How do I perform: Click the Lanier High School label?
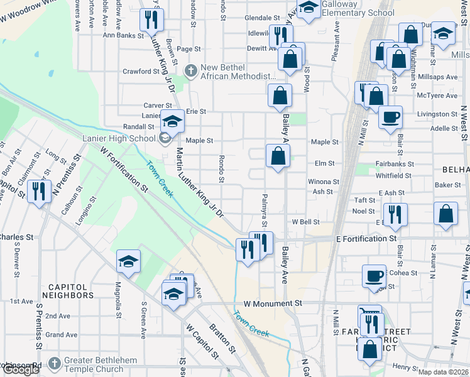coord(119,139)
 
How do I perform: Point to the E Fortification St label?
coord(366,239)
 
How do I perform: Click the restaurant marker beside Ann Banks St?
coord(151,21)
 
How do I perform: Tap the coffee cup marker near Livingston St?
coord(390,117)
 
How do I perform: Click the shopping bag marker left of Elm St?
coord(277,156)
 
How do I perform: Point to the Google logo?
coord(21,369)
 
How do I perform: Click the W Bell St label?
coord(306,222)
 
